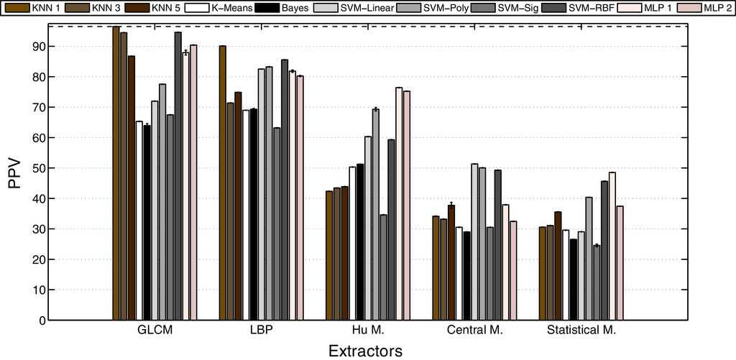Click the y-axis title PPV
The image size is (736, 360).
pos(15,173)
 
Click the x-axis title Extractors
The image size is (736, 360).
pos(365,351)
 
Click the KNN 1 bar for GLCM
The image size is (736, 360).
pos(116,173)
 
